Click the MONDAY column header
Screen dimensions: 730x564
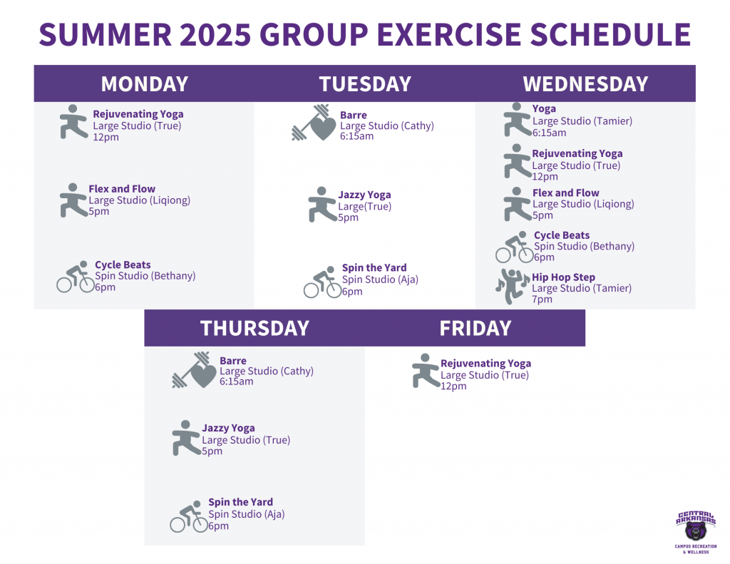click(144, 84)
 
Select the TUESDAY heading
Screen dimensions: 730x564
click(365, 84)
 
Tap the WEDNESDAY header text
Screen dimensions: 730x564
click(585, 84)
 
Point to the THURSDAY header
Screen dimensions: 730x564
click(255, 328)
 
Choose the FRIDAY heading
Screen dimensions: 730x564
click(475, 328)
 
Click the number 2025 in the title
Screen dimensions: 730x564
click(215, 34)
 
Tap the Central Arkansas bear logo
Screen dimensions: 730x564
click(696, 532)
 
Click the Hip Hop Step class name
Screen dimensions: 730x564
click(563, 277)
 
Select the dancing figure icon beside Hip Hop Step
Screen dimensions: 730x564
click(512, 286)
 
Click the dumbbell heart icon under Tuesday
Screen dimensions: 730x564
click(314, 123)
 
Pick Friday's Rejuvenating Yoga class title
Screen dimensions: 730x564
click(485, 363)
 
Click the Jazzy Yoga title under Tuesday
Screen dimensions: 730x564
click(364, 195)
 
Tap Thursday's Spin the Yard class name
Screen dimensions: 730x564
click(240, 502)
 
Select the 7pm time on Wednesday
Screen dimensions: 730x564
click(542, 299)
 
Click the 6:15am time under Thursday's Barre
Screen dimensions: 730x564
click(237, 381)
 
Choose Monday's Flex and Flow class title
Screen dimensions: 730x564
click(122, 189)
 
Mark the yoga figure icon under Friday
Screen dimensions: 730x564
click(426, 371)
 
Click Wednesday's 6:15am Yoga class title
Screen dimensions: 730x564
click(544, 108)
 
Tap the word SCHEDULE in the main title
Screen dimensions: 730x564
click(610, 34)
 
